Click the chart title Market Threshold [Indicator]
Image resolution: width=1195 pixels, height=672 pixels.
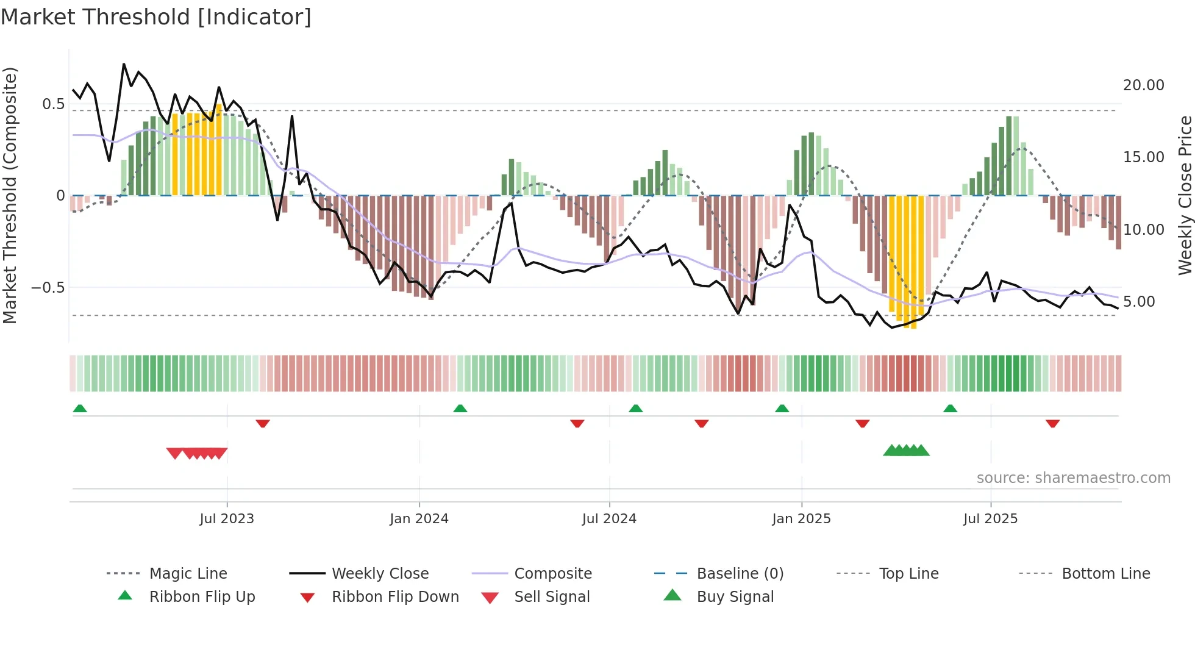coord(156,17)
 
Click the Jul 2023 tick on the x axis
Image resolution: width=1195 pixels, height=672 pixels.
coord(227,519)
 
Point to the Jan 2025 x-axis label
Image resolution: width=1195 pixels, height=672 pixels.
coord(801,519)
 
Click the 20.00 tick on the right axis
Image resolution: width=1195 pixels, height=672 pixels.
coord(1143,85)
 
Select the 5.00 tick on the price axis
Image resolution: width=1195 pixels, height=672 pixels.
coord(1138,302)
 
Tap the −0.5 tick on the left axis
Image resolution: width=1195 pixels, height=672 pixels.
coord(48,287)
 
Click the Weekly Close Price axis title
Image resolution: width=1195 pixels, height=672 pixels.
coord(1185,195)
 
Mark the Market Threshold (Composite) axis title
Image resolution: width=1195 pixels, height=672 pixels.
coord(10,195)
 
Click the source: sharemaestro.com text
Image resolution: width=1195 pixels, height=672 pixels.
coord(1073,478)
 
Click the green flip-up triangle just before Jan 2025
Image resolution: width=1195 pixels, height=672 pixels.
coord(782,409)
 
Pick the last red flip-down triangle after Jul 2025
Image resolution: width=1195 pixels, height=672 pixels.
coord(1052,423)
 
